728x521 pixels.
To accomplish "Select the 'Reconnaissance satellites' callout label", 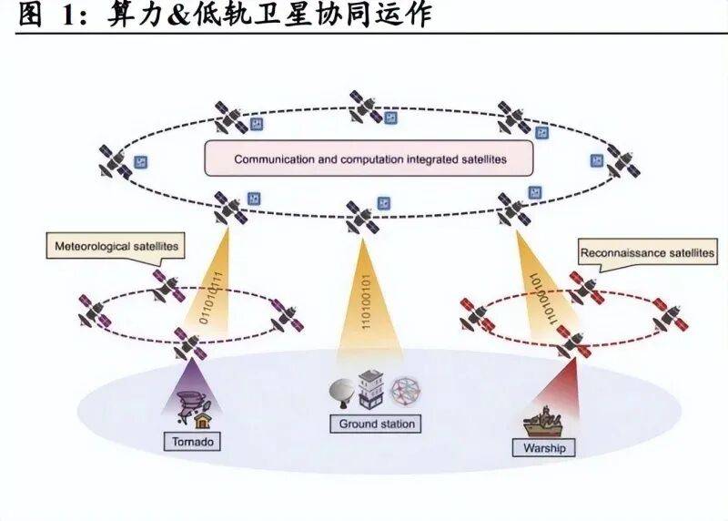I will coord(646,252).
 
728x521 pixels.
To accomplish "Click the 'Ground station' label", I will coord(377,424).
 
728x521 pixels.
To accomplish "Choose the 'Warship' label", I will coord(544,448).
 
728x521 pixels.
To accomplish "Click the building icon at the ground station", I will coord(370,390).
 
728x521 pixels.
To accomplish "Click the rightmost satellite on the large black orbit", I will coord(622,162).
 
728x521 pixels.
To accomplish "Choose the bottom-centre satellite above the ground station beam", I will coord(361,217).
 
